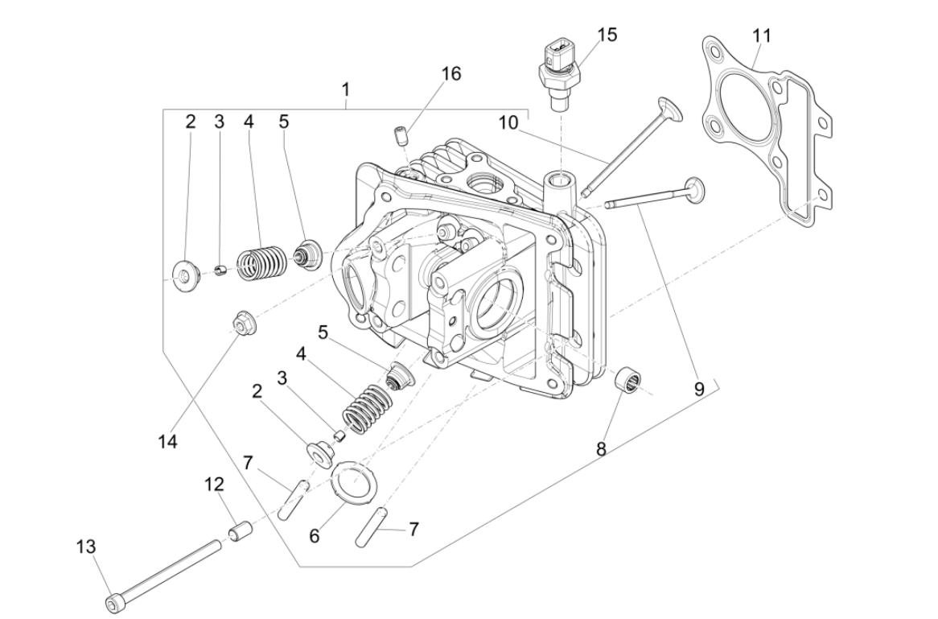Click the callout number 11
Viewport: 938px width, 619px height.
pyautogui.click(x=761, y=35)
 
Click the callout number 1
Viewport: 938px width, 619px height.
pyautogui.click(x=346, y=88)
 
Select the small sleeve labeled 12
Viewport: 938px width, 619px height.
pyautogui.click(x=236, y=534)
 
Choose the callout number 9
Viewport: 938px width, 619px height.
pyautogui.click(x=699, y=389)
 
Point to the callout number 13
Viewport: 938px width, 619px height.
pyautogui.click(x=86, y=547)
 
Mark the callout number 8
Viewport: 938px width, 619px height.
pyautogui.click(x=601, y=449)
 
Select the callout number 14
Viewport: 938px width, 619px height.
pyautogui.click(x=168, y=441)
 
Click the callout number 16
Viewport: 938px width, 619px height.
pyautogui.click(x=451, y=73)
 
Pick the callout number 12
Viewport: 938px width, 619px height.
pyautogui.click(x=214, y=485)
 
